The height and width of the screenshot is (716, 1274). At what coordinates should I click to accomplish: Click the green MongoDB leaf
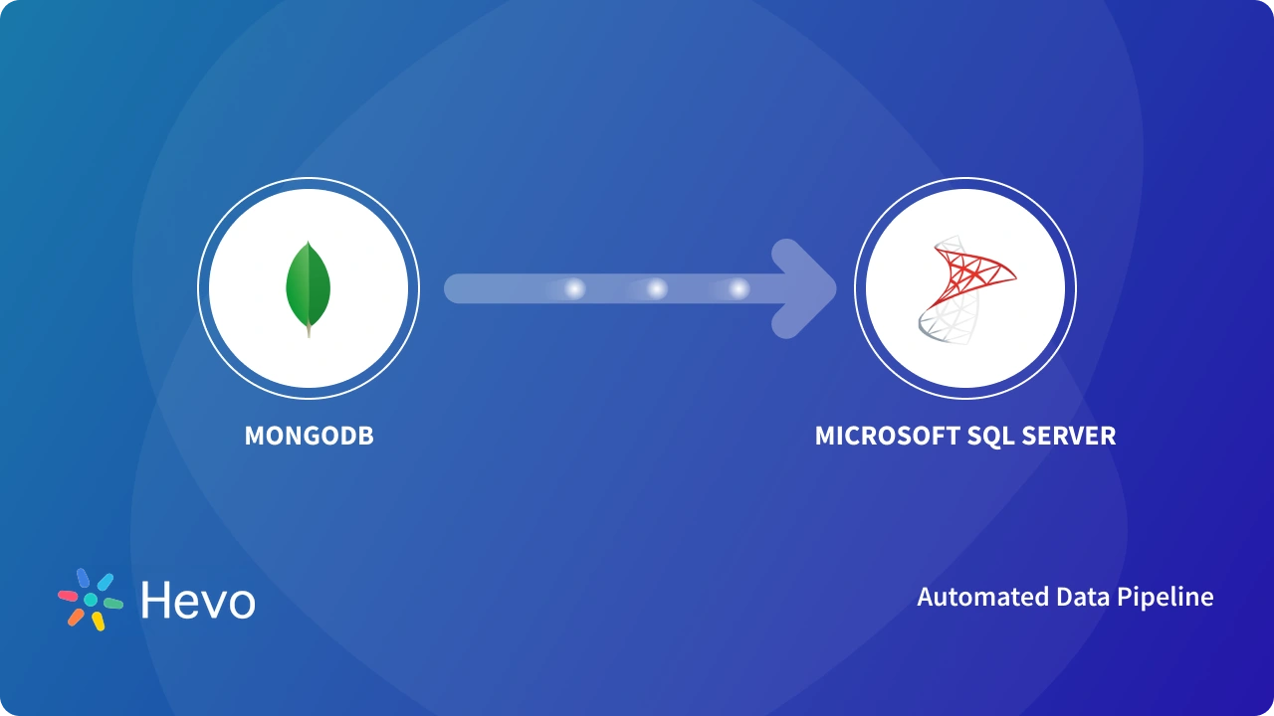[x=309, y=282]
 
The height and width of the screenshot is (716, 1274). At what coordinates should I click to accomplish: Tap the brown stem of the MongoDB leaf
[x=309, y=332]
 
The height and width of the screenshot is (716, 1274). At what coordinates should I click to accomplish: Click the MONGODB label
[x=309, y=436]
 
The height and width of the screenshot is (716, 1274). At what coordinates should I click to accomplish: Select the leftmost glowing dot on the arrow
[x=574, y=288]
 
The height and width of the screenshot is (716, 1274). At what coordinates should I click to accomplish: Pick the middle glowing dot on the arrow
[x=657, y=288]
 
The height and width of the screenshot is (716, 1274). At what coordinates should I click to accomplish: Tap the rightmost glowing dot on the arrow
[x=739, y=288]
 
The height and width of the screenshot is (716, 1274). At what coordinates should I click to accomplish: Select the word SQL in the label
[x=969, y=436]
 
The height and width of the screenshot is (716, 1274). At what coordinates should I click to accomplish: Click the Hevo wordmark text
[x=198, y=601]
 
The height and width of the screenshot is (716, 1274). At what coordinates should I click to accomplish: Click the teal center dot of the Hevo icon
[x=91, y=600]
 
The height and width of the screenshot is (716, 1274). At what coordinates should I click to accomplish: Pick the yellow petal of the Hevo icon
[x=99, y=621]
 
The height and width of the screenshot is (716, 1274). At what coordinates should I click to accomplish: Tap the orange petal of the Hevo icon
[x=76, y=617]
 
